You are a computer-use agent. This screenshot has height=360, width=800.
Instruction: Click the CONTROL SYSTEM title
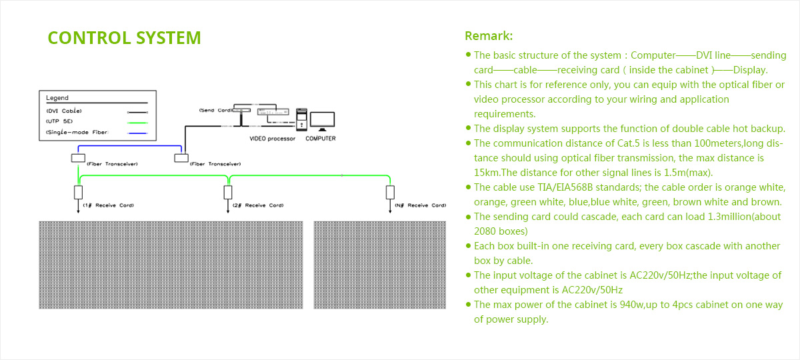tap(124, 38)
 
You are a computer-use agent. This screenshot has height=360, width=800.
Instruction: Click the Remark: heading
tap(489, 36)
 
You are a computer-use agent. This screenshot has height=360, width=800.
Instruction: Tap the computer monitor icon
tap(322, 121)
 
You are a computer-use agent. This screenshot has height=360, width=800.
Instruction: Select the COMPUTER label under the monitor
tap(321, 139)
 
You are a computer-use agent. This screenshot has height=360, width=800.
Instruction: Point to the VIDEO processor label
tap(272, 139)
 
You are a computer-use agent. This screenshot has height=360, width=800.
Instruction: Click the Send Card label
tap(215, 111)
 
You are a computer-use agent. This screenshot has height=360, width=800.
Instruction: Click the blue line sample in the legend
tap(137, 133)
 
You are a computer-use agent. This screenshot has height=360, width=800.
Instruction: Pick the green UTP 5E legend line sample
tap(137, 123)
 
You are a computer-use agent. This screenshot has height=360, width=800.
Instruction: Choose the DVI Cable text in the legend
tap(64, 111)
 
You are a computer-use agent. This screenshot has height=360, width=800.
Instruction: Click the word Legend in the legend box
tap(57, 98)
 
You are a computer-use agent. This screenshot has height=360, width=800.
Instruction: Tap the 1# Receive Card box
tap(78, 193)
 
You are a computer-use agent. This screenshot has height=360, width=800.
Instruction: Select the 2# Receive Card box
tap(228, 193)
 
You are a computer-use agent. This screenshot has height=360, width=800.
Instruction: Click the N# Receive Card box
tap(390, 193)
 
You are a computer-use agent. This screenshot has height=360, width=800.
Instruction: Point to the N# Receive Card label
tap(421, 205)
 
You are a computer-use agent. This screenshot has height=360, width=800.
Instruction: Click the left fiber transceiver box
tap(78, 158)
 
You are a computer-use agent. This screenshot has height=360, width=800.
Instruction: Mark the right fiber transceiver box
tap(181, 158)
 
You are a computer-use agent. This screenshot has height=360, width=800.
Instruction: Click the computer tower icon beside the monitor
tap(301, 119)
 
